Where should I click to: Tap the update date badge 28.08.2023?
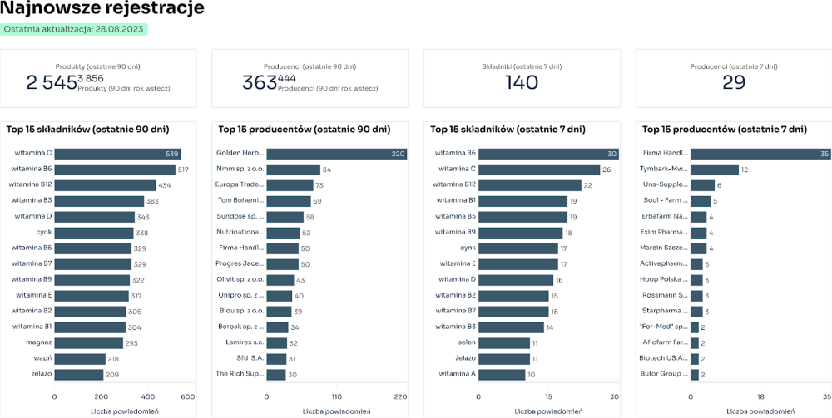click(x=74, y=29)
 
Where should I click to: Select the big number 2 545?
click(x=52, y=82)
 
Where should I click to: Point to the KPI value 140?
click(x=522, y=82)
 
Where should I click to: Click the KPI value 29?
click(x=733, y=82)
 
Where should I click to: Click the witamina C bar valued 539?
click(x=117, y=154)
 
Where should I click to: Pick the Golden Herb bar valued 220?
click(x=337, y=154)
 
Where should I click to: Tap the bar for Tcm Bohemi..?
click(x=289, y=201)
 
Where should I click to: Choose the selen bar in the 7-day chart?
click(x=504, y=343)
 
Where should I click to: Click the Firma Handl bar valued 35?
click(x=760, y=154)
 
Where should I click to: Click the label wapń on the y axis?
click(x=43, y=359)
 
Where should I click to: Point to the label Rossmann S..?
click(x=665, y=296)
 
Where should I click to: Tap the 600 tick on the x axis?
click(x=187, y=396)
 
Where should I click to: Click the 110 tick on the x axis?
click(x=337, y=396)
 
